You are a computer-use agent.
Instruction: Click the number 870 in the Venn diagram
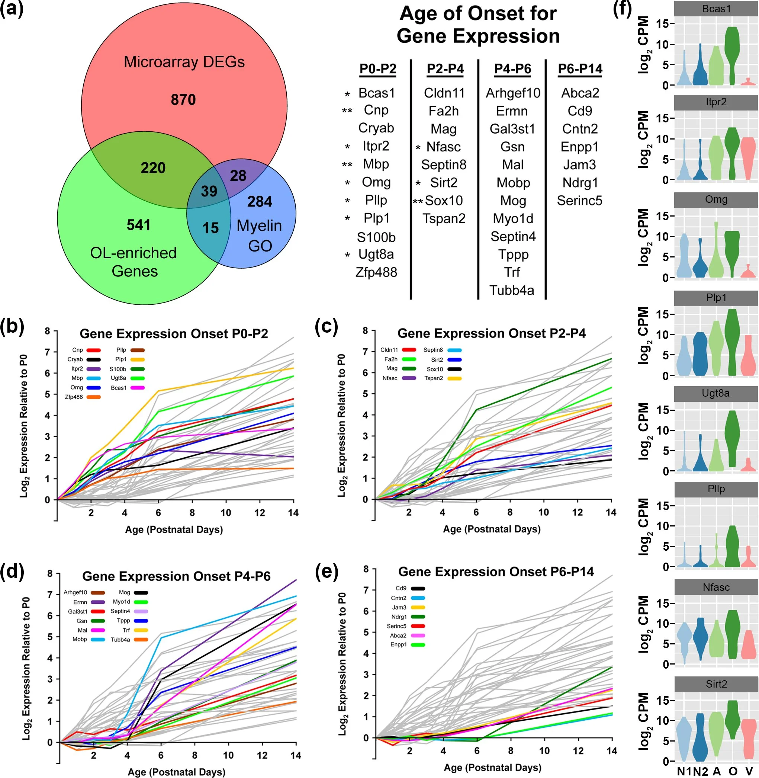(183, 100)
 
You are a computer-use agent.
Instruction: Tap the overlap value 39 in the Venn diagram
(209, 191)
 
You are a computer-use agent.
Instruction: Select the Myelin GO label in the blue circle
(260, 236)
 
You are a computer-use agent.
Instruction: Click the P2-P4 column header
(445, 69)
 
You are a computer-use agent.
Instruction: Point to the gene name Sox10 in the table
(444, 201)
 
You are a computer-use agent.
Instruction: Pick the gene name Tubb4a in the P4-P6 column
(512, 290)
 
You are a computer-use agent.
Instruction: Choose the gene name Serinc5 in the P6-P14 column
(579, 201)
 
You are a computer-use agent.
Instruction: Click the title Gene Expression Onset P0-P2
(174, 333)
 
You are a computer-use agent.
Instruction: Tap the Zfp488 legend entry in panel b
(83, 397)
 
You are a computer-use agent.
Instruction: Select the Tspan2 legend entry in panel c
(443, 378)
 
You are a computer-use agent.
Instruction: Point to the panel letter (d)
(12, 572)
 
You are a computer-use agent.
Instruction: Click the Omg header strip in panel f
(716, 200)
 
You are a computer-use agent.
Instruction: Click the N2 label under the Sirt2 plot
(700, 771)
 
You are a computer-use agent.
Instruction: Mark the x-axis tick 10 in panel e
(544, 751)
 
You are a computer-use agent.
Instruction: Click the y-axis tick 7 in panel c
(365, 352)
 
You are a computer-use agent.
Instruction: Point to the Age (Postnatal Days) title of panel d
(176, 772)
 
